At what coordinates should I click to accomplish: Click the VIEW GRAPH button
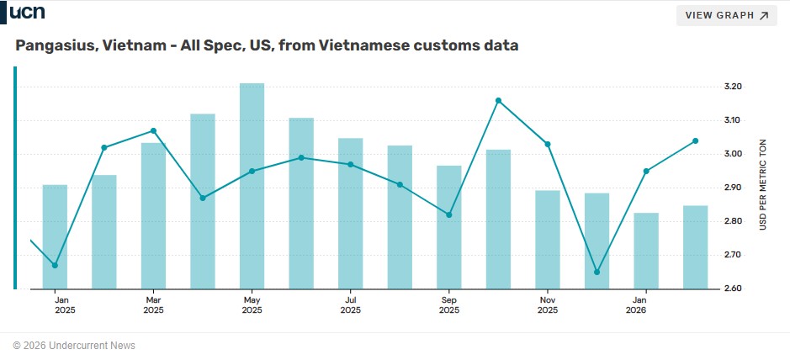pos(727,15)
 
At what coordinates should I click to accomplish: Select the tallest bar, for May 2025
pos(252,185)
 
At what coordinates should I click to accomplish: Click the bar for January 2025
pos(55,236)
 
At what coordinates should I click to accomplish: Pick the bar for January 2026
pos(646,251)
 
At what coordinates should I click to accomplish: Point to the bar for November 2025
pos(548,239)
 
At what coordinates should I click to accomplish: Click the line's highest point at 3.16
pos(499,100)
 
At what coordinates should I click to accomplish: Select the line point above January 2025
pos(55,265)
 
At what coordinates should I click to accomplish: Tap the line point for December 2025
pos(596,272)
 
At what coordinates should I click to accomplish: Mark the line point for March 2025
pos(153,130)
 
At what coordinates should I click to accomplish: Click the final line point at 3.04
pos(695,140)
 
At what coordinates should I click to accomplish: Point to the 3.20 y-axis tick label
pos(732,87)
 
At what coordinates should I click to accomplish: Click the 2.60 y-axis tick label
pos(732,289)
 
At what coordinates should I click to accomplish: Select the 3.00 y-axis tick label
pos(732,154)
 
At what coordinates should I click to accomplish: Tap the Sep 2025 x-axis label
pos(448,304)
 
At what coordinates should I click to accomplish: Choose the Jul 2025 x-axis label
pos(350,304)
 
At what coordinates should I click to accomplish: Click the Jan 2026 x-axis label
pos(639,304)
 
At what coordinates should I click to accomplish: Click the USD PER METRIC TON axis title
pos(763,186)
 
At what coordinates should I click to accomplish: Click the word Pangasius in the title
pos(56,45)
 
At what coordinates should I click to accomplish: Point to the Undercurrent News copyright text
pos(74,346)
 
